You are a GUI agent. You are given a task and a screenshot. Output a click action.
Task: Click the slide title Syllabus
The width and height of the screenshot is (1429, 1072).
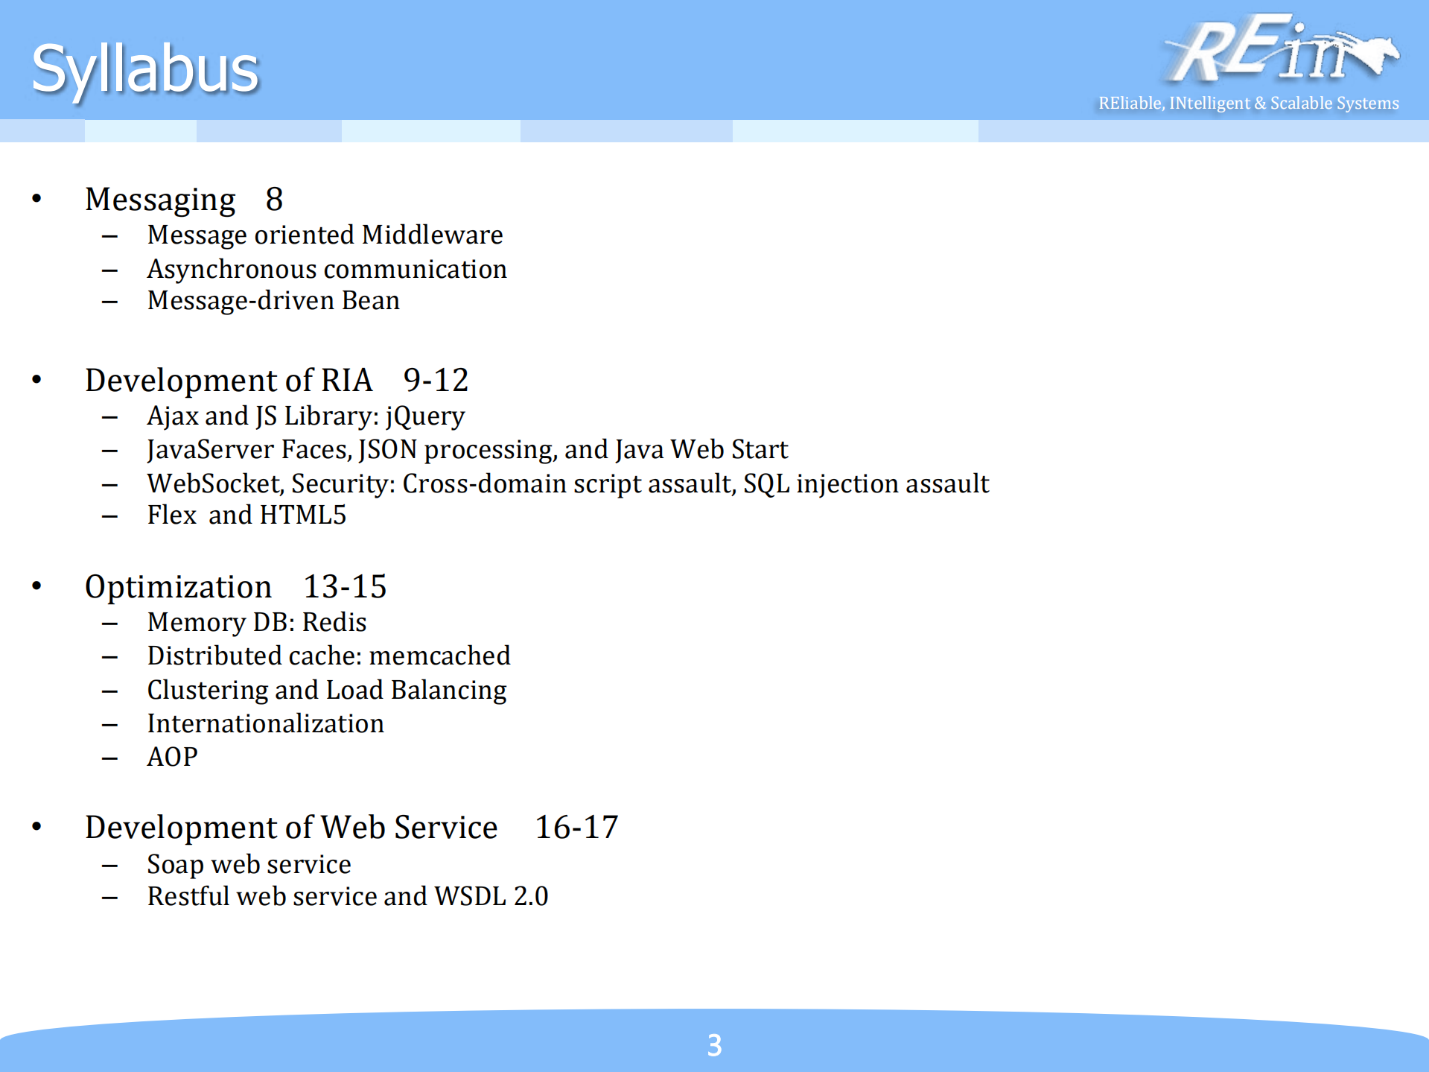[x=145, y=69]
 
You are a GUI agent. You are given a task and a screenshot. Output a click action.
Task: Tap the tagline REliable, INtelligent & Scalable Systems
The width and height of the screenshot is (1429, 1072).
[x=1248, y=103]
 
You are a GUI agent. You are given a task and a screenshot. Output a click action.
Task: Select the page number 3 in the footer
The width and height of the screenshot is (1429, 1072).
[x=714, y=1045]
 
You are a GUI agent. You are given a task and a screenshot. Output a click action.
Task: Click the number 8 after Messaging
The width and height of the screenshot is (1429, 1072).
[x=274, y=200]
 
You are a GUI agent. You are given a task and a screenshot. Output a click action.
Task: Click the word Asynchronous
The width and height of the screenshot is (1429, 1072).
[x=232, y=270]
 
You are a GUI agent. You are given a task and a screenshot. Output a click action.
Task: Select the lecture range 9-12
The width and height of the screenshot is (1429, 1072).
[x=436, y=381]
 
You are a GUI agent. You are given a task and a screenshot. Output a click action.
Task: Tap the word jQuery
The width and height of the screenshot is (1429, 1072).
[x=425, y=416]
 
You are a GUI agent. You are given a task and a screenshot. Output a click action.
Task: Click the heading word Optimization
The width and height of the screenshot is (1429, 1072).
[x=179, y=587]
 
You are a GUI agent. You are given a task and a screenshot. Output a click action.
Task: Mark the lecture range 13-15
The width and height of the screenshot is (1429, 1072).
[x=345, y=587]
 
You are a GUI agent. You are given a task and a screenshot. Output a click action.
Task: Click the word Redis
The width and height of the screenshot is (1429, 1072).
[x=334, y=622]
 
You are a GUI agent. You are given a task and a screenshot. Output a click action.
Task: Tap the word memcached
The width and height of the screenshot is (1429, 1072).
[x=439, y=656]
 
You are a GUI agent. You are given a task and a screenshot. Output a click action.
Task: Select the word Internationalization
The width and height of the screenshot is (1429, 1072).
[x=265, y=723]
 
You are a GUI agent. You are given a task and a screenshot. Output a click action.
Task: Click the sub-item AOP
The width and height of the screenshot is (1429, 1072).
[x=173, y=757]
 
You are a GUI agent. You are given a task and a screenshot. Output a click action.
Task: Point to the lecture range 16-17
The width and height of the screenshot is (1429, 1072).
[x=576, y=828]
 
